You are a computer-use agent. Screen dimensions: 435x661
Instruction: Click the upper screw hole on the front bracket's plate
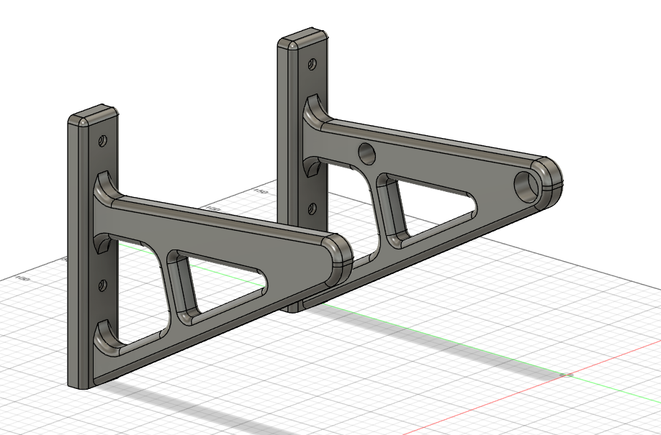point(103,139)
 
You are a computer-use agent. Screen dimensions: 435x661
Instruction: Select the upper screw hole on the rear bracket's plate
point(312,64)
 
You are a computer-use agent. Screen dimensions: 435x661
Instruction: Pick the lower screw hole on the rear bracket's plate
point(311,209)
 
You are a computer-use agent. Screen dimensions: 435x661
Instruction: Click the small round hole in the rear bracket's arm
point(367,152)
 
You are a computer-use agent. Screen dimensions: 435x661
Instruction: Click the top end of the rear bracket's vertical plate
point(303,40)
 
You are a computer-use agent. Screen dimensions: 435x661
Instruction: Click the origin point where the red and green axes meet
point(565,374)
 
